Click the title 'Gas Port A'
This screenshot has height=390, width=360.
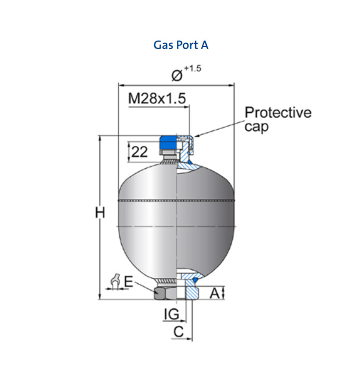click(181, 45)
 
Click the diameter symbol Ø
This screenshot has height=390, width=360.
click(177, 76)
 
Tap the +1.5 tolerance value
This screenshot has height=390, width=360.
click(193, 68)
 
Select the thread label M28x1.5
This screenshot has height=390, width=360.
click(157, 98)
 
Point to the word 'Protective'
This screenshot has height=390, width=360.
click(278, 112)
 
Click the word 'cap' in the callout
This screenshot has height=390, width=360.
click(256, 127)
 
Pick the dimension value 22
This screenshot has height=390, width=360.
click(139, 152)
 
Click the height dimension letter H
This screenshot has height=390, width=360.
click(100, 213)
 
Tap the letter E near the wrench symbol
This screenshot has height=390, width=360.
click(129, 282)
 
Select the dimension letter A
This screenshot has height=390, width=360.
click(215, 293)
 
